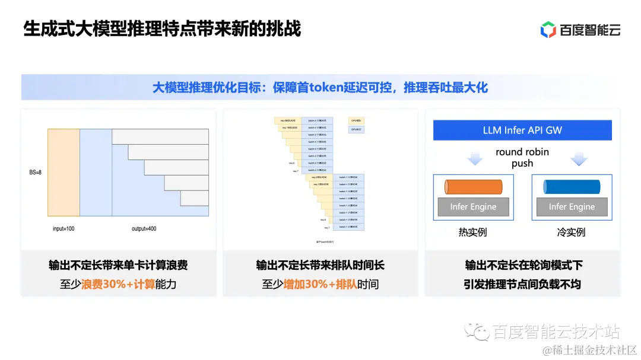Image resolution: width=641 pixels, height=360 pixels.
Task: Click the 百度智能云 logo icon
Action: [548, 29]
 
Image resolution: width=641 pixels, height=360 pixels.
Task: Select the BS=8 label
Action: [36, 173]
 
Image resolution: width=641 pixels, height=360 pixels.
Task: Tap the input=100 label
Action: [63, 228]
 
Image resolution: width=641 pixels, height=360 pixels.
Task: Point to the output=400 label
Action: [144, 228]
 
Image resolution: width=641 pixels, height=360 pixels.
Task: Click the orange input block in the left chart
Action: [64, 173]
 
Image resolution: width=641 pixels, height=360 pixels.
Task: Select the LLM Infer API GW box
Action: [522, 130]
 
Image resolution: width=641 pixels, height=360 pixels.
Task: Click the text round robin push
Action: [522, 158]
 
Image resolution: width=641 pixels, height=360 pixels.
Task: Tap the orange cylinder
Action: [474, 187]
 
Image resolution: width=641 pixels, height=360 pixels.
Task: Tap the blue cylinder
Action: [572, 187]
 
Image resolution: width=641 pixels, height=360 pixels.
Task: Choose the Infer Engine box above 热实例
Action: [473, 207]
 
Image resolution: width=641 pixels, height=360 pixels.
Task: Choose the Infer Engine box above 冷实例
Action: [572, 207]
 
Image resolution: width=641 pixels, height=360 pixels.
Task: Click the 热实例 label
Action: [473, 232]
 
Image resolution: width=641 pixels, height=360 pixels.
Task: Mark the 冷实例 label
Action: [572, 232]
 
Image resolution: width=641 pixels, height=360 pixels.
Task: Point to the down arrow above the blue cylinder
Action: [578, 159]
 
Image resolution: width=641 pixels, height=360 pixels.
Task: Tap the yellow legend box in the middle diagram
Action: [356, 120]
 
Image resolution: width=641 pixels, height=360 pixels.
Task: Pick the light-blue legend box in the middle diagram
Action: [356, 129]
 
